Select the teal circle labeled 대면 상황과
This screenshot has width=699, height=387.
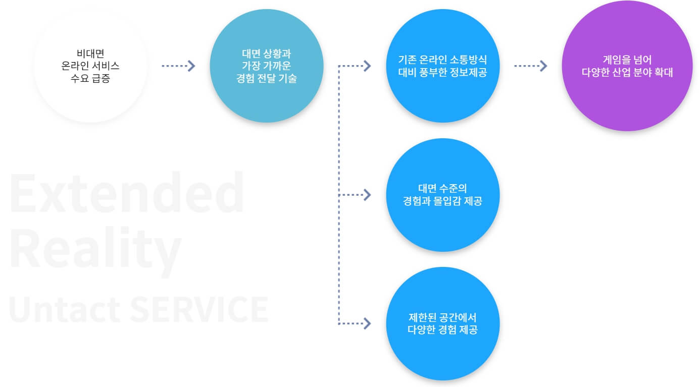(267, 96)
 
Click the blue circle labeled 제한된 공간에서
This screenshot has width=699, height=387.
(442, 353)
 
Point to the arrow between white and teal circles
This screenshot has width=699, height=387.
(178, 66)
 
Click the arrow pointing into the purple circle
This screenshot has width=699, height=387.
(531, 66)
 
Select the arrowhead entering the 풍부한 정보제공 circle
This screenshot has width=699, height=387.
(367, 66)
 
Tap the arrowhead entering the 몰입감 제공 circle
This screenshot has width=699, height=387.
(367, 194)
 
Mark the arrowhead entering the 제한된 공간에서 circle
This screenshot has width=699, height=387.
(367, 323)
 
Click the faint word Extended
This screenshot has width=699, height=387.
(127, 193)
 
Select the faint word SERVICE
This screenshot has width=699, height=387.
(199, 309)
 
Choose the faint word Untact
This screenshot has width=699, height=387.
(63, 309)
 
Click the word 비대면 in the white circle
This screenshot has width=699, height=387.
(90, 53)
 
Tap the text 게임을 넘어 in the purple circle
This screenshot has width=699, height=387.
(627, 59)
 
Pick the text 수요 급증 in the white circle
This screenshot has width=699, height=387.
(90, 79)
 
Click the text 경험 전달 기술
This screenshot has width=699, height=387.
(267, 78)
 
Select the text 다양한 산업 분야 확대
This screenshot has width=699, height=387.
(627, 72)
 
